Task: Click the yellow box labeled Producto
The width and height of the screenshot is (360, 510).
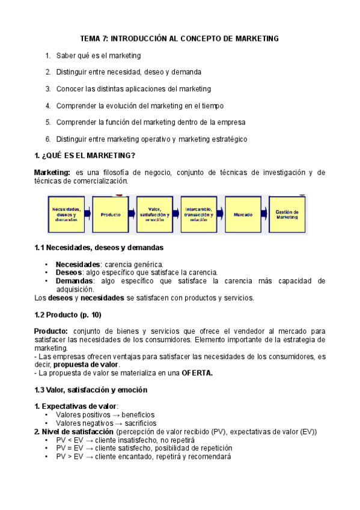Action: point(111,215)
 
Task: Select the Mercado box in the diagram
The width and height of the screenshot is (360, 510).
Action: point(242,215)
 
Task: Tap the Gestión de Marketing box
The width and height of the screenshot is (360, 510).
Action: point(287,215)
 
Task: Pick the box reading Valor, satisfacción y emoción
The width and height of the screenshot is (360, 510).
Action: point(154,215)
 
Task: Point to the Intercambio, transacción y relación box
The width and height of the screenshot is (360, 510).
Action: point(198,215)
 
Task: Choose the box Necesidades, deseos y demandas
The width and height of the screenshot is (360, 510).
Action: point(66,215)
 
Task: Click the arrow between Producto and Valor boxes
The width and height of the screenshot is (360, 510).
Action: point(132,215)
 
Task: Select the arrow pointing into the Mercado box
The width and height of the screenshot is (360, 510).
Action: point(221,215)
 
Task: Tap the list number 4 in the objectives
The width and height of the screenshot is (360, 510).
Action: point(47,106)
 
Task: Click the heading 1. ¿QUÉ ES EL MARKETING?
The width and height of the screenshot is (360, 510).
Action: point(85,156)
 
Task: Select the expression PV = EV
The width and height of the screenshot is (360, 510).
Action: point(69,448)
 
